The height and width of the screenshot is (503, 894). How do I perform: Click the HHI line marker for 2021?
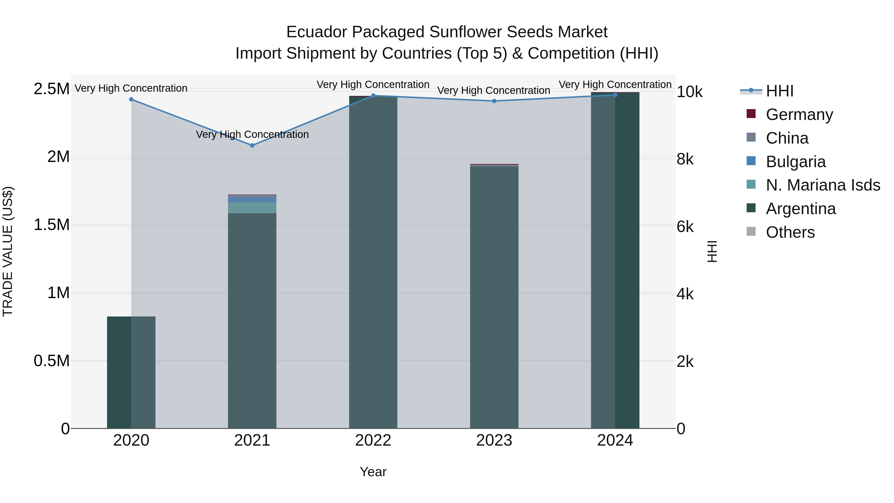point(252,146)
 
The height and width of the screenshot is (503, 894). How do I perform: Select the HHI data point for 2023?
point(494,101)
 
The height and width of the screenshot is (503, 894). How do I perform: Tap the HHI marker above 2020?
point(131,99)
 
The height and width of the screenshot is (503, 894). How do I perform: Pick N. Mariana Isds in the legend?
point(822,185)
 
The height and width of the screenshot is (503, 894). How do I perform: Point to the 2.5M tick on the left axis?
point(51,89)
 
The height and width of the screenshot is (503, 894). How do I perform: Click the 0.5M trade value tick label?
point(51,361)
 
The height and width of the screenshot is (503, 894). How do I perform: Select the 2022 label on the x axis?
point(373,440)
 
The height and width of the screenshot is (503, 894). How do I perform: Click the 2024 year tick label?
point(615,440)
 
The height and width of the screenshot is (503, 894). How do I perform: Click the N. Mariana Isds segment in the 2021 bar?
point(252,208)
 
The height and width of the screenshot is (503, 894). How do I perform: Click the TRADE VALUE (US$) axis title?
point(8,251)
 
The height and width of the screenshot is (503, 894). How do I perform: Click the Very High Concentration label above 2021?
point(252,134)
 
